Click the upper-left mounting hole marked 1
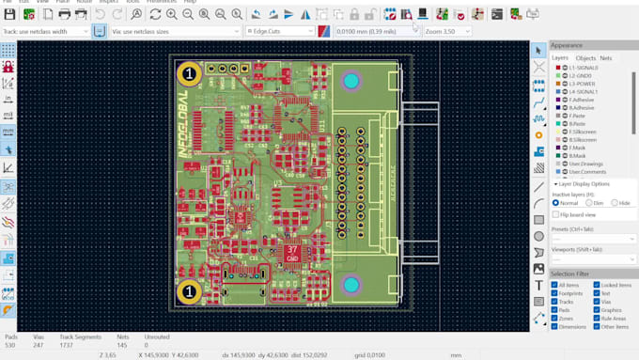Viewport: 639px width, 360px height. [190, 72]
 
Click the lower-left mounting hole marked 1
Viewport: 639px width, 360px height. [188, 291]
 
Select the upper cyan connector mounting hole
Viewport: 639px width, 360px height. [351, 83]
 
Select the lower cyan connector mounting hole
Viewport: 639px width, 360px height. [351, 284]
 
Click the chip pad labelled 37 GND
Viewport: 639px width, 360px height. [292, 252]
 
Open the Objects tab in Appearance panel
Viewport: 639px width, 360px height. [585, 58]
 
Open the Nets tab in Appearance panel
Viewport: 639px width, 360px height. [606, 58]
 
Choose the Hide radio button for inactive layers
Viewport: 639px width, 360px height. [616, 202]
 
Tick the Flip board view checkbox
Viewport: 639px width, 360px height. [556, 214]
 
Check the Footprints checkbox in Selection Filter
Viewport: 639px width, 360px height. [555, 292]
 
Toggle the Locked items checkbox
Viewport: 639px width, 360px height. [595, 284]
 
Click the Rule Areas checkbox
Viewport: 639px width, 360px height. [595, 318]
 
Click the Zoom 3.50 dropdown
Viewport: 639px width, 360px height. [446, 31]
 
